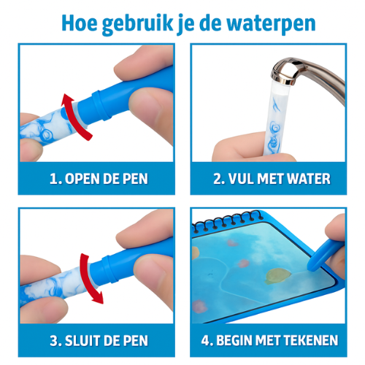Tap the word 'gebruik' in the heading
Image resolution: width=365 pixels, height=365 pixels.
[143, 23]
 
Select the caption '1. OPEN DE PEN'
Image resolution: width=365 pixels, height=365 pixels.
[96, 179]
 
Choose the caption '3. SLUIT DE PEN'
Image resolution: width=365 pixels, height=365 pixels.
[96, 341]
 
